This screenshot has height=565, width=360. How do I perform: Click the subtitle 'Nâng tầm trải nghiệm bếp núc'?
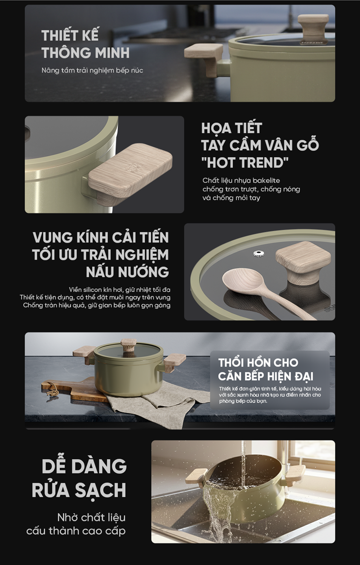92,70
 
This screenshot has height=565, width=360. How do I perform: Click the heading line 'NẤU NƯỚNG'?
127,272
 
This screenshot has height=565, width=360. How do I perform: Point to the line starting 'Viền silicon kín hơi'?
120,290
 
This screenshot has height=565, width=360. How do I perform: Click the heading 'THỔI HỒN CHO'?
258,363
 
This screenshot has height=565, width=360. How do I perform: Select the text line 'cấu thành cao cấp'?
76,531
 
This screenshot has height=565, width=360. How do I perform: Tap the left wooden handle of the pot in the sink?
196,476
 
